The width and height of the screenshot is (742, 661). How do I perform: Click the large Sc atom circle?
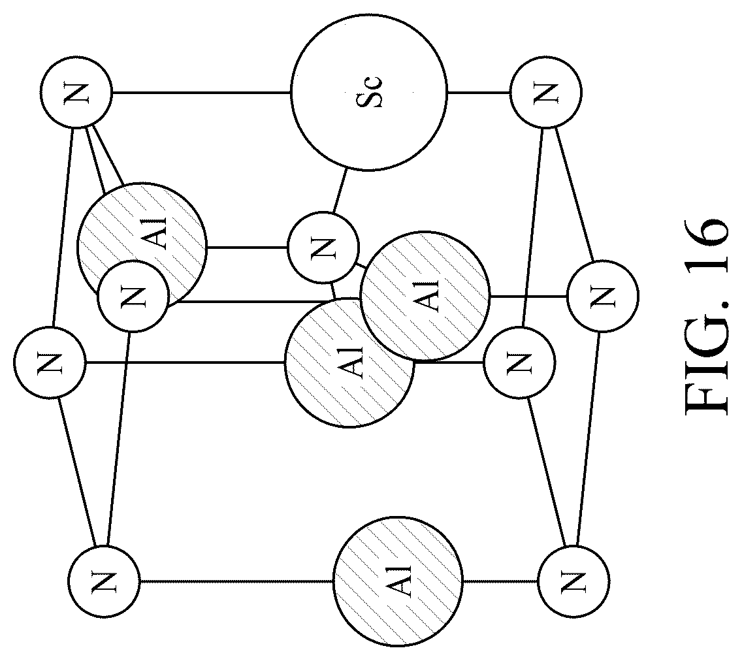368,92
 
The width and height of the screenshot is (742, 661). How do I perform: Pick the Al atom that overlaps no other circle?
398,581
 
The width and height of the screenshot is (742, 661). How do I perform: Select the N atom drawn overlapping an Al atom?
133,297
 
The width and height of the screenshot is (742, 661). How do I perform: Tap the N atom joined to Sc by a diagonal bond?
323,247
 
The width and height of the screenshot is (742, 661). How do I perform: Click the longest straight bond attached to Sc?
201,92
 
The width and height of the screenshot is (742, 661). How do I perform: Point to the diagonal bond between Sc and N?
339,191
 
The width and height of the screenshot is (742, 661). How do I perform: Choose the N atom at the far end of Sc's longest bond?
76,92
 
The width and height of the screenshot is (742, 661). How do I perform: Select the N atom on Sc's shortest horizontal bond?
546,92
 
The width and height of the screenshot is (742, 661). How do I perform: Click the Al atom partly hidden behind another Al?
349,363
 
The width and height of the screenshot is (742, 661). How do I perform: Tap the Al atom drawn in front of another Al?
425,296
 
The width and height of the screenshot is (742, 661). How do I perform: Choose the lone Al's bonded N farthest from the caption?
104,581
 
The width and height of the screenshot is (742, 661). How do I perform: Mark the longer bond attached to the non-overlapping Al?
236,581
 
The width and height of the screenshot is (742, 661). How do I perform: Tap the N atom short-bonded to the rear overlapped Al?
519,363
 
